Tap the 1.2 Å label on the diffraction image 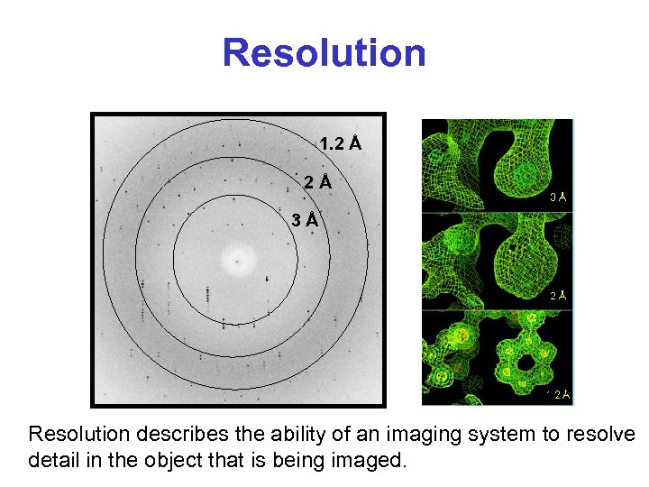click(341, 143)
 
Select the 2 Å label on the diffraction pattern click(317, 182)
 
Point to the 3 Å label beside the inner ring click(305, 219)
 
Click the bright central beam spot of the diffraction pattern click(238, 262)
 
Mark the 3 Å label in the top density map click(558, 197)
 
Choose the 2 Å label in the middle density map click(558, 295)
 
